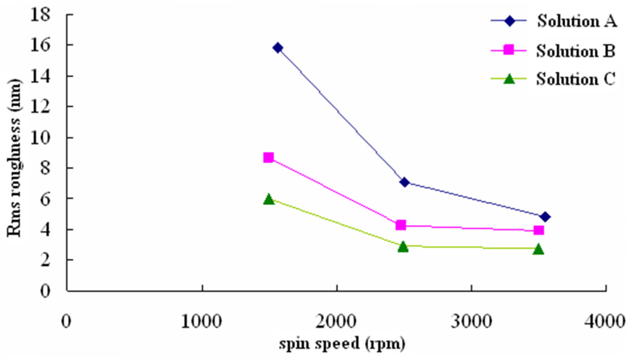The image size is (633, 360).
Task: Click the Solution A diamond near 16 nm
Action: click(278, 48)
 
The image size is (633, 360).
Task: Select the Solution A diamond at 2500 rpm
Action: click(405, 182)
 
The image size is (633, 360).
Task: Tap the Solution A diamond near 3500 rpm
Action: click(545, 217)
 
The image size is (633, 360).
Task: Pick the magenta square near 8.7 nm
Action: click(269, 158)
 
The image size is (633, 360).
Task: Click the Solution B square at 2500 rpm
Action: click(401, 225)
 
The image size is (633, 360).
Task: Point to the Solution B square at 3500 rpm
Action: click(539, 230)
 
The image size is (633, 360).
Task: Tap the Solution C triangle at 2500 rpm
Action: click(403, 246)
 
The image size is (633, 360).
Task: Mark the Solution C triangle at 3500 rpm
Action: click(539, 249)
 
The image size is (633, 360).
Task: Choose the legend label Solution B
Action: click(575, 51)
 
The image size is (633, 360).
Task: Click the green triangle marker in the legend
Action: click(509, 79)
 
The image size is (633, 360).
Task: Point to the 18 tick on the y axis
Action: click(40, 14)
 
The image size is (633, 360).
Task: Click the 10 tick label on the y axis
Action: click(40, 137)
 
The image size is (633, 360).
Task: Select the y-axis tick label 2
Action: click(45, 260)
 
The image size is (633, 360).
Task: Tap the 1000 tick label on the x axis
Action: click(201, 322)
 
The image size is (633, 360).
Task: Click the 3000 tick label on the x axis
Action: click(471, 322)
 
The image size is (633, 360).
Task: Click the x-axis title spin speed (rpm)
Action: click(342, 343)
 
